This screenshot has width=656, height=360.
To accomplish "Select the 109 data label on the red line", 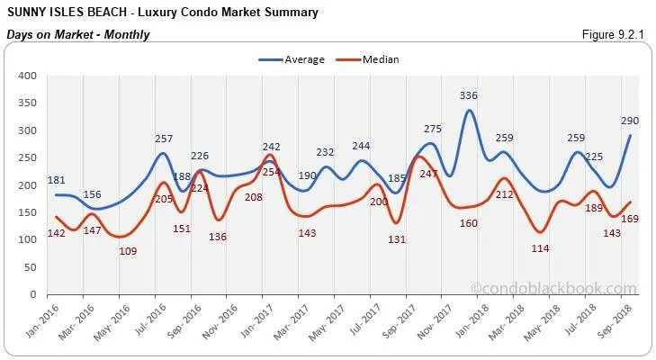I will coord(128,251).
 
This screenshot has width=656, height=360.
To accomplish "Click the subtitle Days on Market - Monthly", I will coord(77,35).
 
